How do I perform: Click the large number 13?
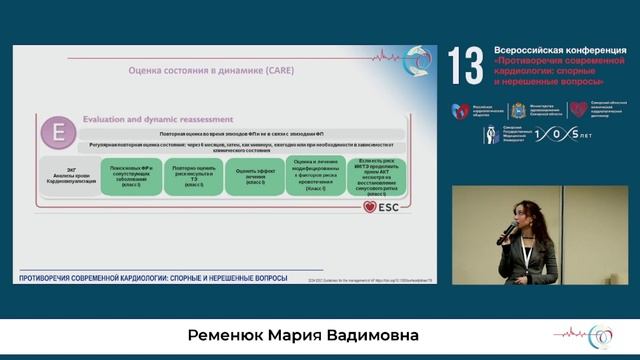point(465,66)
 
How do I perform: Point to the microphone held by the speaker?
point(507,231)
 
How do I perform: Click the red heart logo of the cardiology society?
point(460,110)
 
